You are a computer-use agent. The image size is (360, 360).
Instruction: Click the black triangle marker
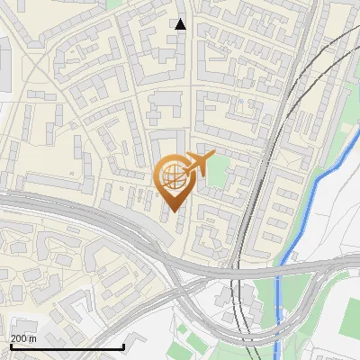click(181, 24)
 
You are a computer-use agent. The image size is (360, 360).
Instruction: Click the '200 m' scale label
click(23, 339)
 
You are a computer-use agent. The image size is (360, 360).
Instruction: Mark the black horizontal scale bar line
click(67, 346)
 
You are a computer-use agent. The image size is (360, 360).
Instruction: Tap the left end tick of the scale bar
click(11, 346)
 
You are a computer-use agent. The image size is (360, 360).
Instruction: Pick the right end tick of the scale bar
click(123, 346)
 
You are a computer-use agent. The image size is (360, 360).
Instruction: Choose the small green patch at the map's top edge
click(113, 4)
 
